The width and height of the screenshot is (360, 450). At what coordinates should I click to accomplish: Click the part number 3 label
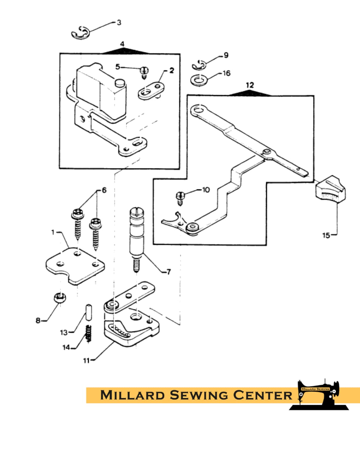[119, 22]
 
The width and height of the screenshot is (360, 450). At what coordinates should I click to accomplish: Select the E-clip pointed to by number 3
[80, 32]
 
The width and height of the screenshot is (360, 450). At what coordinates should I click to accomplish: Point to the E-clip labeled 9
[199, 64]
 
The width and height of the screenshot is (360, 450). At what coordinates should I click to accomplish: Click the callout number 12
[250, 85]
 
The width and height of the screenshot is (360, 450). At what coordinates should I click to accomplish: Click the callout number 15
[326, 235]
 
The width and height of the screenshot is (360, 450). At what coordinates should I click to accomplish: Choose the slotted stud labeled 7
[136, 237]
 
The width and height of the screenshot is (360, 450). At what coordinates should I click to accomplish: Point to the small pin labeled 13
[88, 312]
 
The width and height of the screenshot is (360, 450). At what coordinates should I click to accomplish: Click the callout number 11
[86, 360]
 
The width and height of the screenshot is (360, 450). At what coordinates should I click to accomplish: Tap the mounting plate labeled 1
[75, 265]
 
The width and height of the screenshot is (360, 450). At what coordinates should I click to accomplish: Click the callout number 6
[104, 190]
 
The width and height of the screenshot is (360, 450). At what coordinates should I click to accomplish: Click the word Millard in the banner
[132, 395]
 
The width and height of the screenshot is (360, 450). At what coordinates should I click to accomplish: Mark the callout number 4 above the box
[122, 44]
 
